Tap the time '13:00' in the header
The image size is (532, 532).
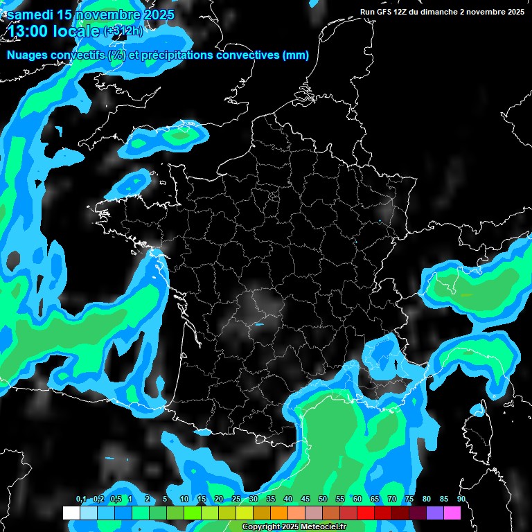[x=31, y=31]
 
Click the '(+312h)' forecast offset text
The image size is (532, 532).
[x=123, y=31]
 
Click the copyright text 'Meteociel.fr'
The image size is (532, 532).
[x=324, y=527]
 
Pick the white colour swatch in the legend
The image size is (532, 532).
[x=71, y=513]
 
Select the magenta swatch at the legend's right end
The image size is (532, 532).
[x=452, y=513]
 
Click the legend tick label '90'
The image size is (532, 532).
[x=461, y=499]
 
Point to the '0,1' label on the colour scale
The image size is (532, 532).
[x=80, y=499]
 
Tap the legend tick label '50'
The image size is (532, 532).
[x=323, y=499]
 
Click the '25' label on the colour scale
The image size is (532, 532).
[x=236, y=499]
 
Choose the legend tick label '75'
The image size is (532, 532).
[x=409, y=499]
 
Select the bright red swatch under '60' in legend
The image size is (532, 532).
[x=366, y=513]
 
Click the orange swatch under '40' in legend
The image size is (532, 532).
[x=279, y=513]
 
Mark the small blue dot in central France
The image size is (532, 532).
[x=260, y=323]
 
